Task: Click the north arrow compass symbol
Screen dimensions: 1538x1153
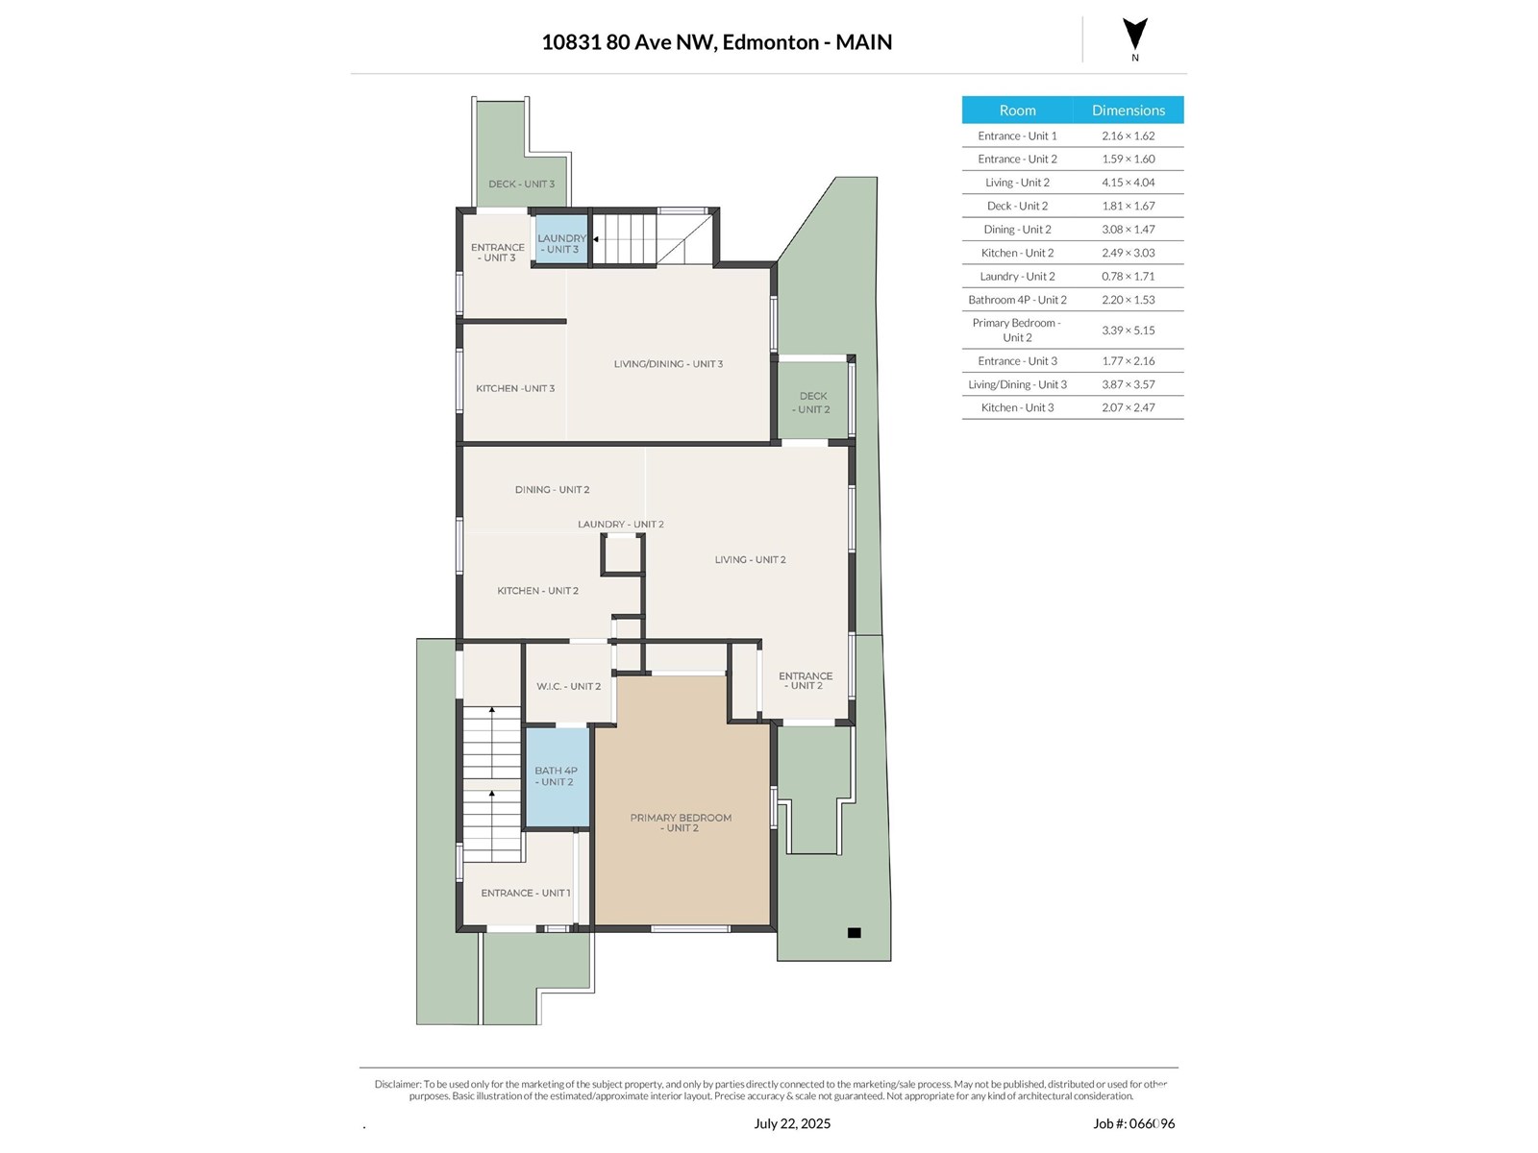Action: [1134, 35]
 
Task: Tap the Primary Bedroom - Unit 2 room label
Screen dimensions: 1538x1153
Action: [681, 822]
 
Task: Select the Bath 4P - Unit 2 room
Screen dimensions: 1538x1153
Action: [557, 777]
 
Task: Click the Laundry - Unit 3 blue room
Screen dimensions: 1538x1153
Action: [561, 238]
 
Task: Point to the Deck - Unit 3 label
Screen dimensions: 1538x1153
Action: [521, 184]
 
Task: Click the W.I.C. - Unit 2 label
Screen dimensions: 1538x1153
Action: [568, 686]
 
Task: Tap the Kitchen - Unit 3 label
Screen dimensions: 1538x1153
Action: [515, 388]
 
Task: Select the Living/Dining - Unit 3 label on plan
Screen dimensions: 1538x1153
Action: [668, 364]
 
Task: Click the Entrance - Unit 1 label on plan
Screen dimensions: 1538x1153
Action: [526, 893]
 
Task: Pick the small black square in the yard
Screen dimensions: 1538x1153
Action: [854, 932]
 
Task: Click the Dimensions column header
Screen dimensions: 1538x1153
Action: [1129, 110]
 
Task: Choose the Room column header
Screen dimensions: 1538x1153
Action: [1017, 110]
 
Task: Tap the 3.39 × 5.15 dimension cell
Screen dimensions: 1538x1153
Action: [1129, 331]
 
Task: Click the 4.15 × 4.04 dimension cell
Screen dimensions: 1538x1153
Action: [1129, 183]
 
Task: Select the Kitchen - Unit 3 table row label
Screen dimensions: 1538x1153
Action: [1017, 407]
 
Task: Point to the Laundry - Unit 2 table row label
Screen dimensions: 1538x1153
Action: [1017, 277]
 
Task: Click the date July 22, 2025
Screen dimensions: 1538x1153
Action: [792, 1123]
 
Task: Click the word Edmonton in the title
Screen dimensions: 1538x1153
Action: [770, 42]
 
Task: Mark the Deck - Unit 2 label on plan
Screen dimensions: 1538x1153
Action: [812, 403]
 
